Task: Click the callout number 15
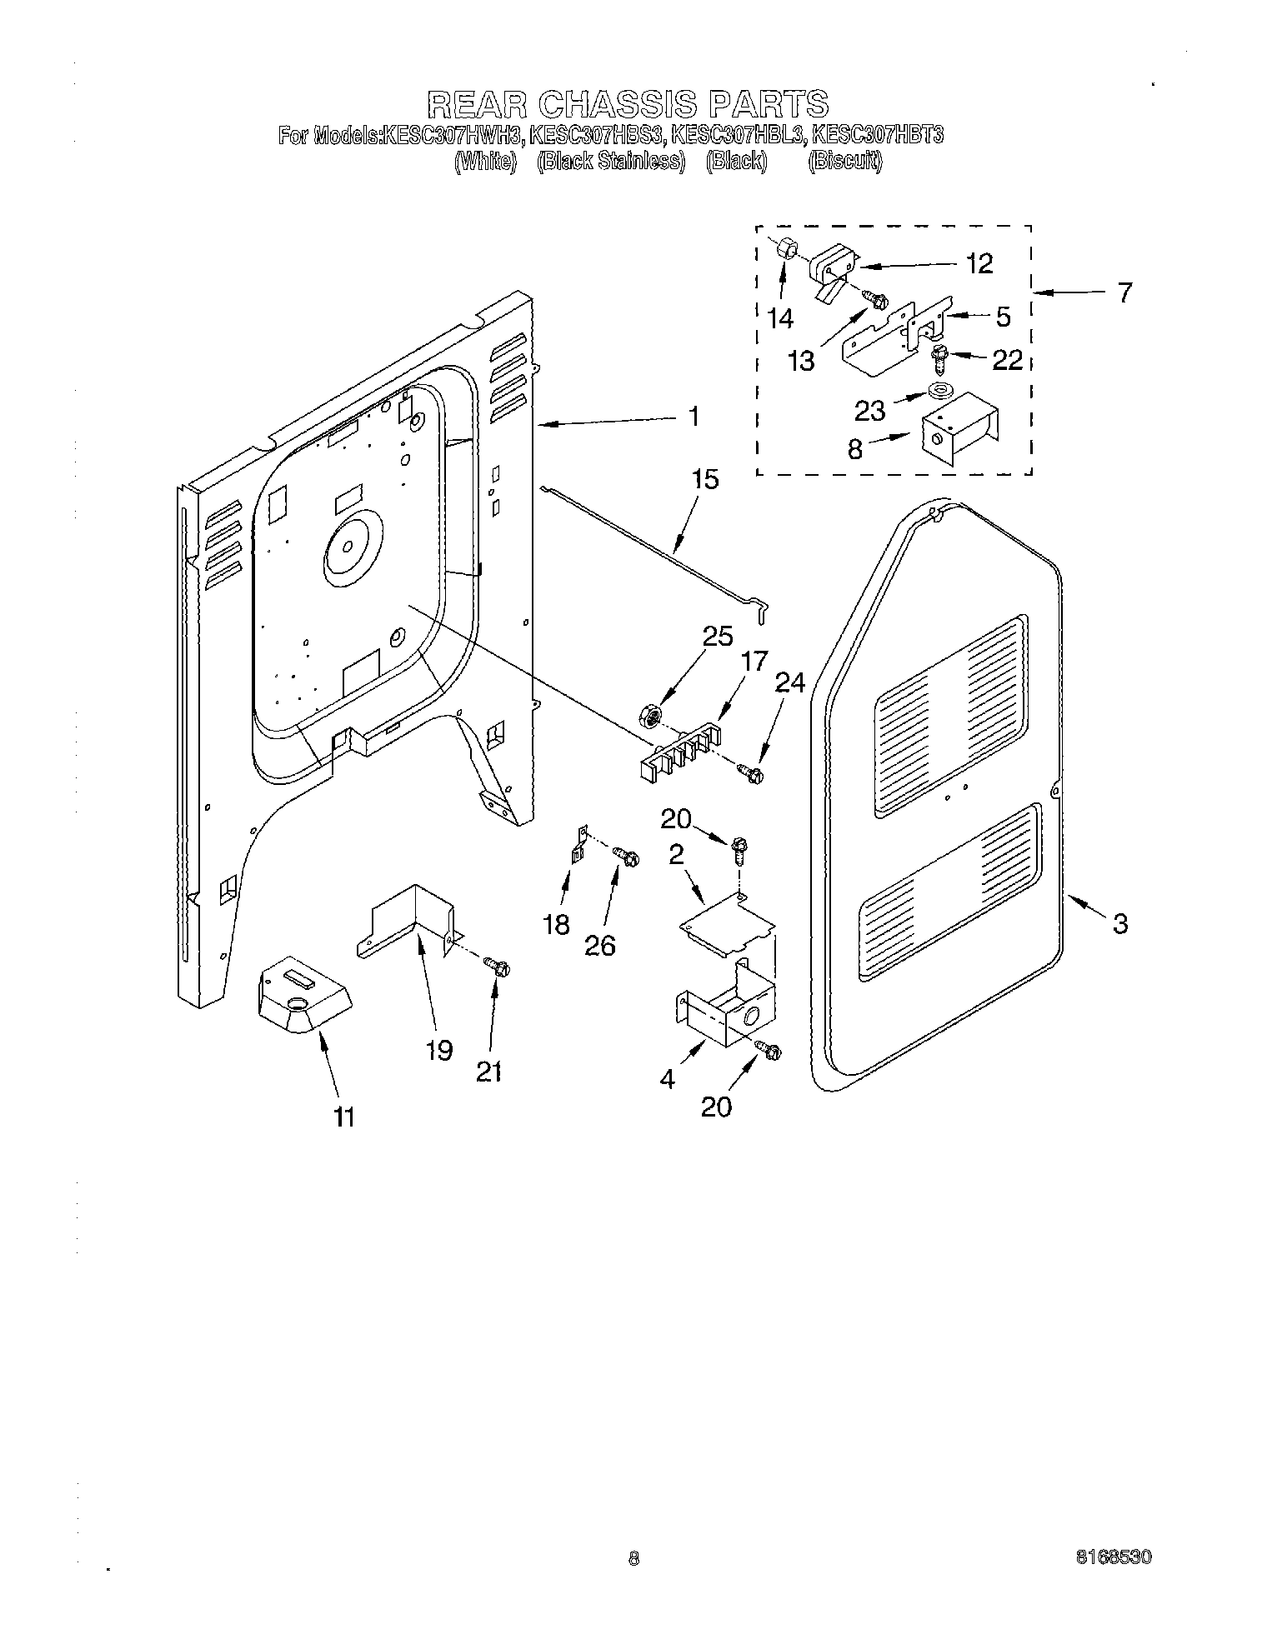704,480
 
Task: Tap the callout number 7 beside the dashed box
1125,293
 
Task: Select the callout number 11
343,1117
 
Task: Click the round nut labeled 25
653,713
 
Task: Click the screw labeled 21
498,967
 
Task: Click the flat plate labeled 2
727,923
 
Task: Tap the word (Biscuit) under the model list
844,161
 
